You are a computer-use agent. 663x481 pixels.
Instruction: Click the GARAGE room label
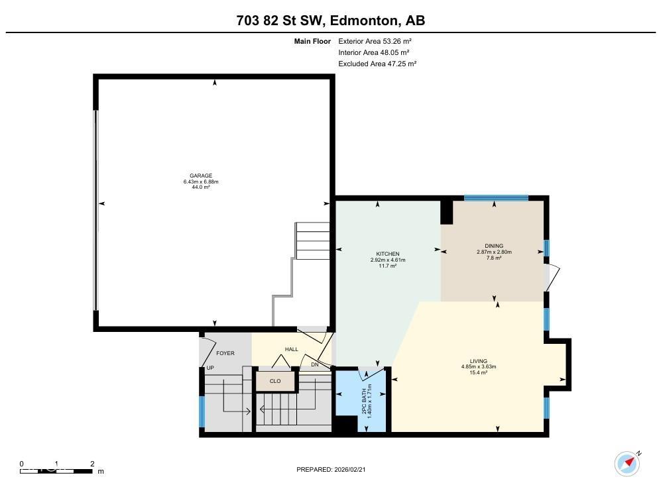pos(201,176)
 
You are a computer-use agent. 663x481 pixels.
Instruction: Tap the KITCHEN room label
pos(388,254)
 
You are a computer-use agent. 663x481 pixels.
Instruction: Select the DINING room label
pos(494,246)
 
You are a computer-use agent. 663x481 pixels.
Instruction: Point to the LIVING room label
pos(479,361)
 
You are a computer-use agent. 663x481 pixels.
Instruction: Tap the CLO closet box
pos(275,381)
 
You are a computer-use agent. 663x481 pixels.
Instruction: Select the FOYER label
pos(225,353)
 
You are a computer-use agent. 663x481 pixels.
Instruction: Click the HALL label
pos(292,349)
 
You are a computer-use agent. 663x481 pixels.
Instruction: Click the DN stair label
pos(315,364)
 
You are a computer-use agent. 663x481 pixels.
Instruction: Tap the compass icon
pos(627,462)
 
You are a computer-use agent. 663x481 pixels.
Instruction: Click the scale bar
pos(56,470)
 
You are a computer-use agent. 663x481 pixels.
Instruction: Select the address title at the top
pos(331,21)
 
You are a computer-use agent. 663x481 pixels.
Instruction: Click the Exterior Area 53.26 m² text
pos(375,41)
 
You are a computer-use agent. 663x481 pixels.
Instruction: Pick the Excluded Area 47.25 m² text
pos(377,64)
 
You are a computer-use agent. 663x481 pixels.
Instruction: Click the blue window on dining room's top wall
pos(496,197)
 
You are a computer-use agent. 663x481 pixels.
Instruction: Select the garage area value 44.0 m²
pos(201,187)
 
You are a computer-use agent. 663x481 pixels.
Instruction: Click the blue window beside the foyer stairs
pos(202,411)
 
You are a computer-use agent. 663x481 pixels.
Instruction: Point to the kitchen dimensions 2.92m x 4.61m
pos(388,260)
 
